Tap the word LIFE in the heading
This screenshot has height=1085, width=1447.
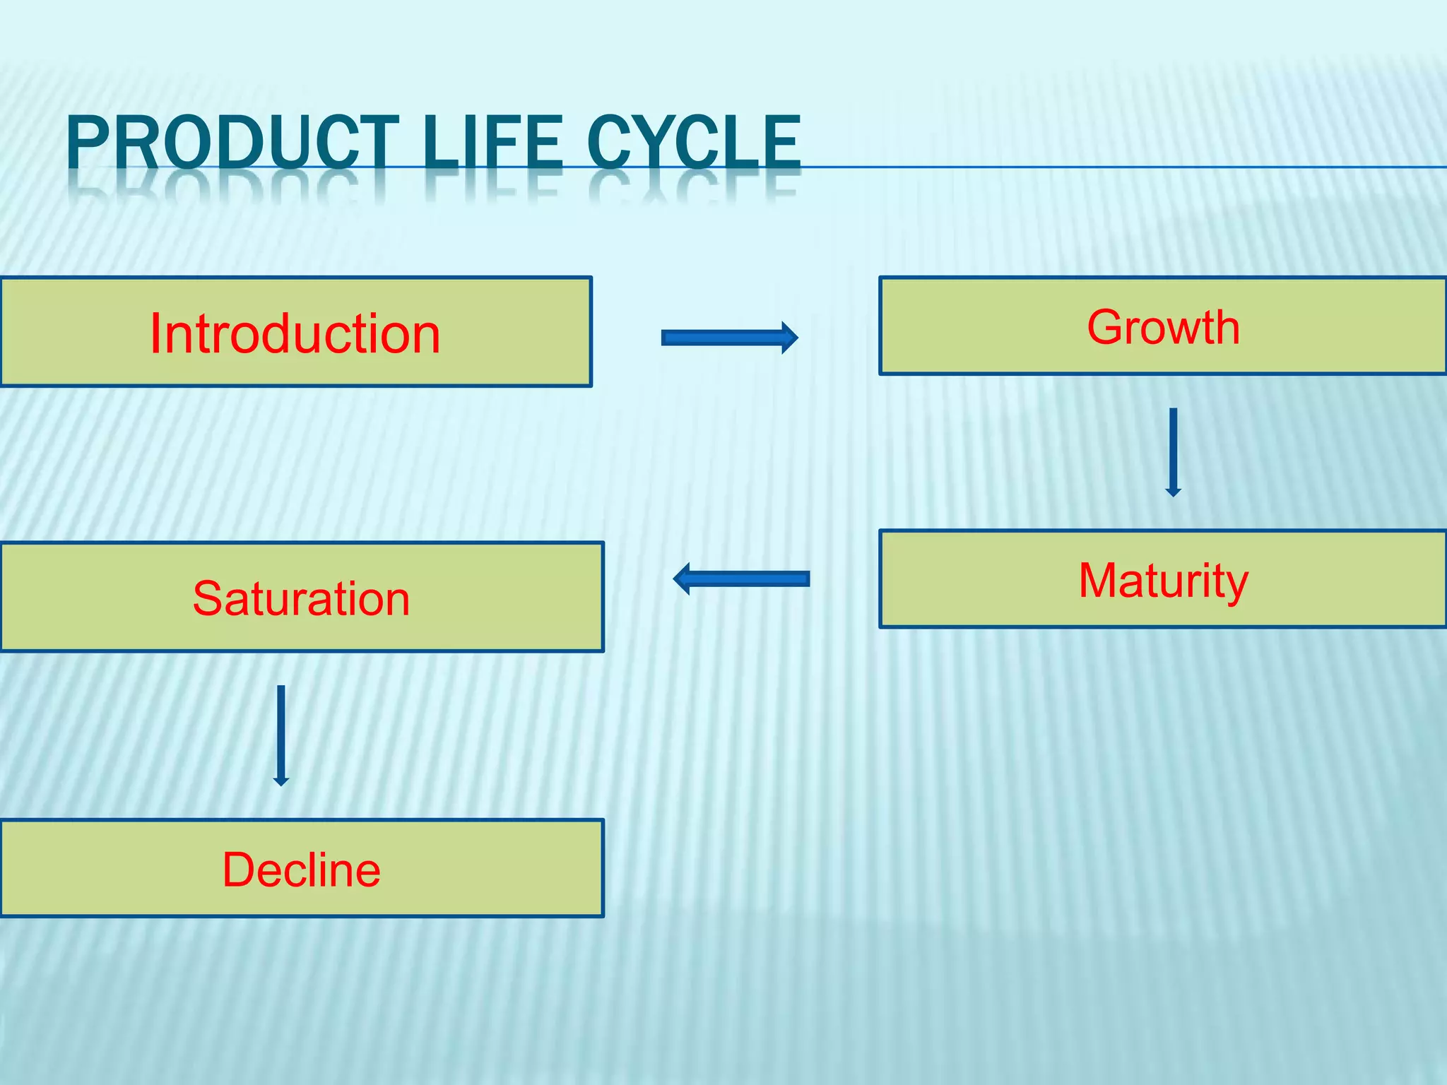494,143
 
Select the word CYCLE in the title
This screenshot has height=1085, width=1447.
694,143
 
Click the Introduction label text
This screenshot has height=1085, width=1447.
295,333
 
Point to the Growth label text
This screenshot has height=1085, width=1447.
1163,327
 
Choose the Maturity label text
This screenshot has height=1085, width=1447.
1163,581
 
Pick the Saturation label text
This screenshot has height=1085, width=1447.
301,599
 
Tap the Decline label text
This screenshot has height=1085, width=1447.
301,870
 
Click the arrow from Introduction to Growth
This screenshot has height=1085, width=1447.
728,338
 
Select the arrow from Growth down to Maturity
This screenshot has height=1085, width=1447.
1173,452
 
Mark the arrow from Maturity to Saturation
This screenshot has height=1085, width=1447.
742,579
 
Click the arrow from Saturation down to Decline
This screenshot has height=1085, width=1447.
280,735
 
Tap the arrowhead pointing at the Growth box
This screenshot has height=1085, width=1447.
790,338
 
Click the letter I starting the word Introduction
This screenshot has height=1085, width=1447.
155,333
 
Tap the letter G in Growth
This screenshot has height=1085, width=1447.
1105,327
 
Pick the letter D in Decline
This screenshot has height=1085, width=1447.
238,870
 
